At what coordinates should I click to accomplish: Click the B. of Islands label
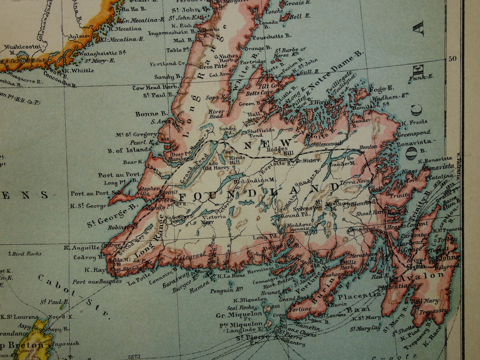(129, 150)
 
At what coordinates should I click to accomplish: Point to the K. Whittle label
(79, 70)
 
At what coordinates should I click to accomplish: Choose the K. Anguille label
(82, 248)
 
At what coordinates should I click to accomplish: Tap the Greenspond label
(414, 133)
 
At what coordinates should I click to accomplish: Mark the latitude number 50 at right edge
(452, 58)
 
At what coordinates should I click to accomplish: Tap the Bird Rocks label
(27, 254)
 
